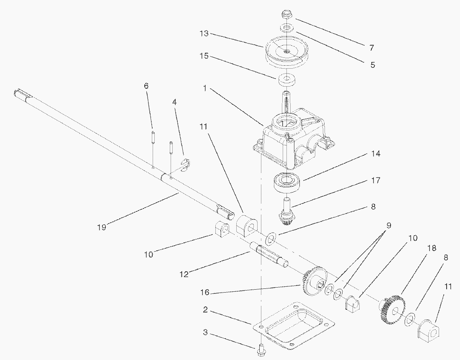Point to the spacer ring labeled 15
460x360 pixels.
(x=286, y=79)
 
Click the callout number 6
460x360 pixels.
(x=146, y=85)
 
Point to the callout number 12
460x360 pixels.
(x=184, y=274)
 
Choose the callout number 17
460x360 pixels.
(x=375, y=180)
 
